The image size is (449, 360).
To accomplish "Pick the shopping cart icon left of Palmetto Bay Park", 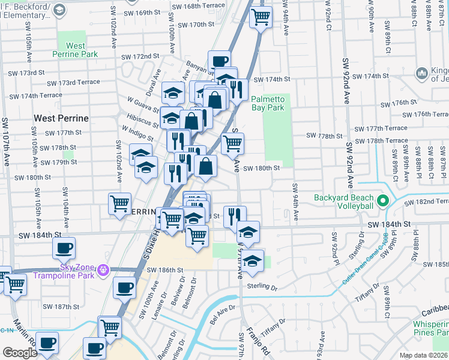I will [x=232, y=143].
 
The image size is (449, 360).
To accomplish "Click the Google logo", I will [x=19, y=353].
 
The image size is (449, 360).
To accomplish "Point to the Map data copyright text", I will [x=424, y=355].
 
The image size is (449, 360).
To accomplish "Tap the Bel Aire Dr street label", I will [x=223, y=316].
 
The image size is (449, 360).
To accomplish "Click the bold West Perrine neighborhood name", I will [x=61, y=118].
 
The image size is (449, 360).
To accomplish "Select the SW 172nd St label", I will [x=140, y=56].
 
